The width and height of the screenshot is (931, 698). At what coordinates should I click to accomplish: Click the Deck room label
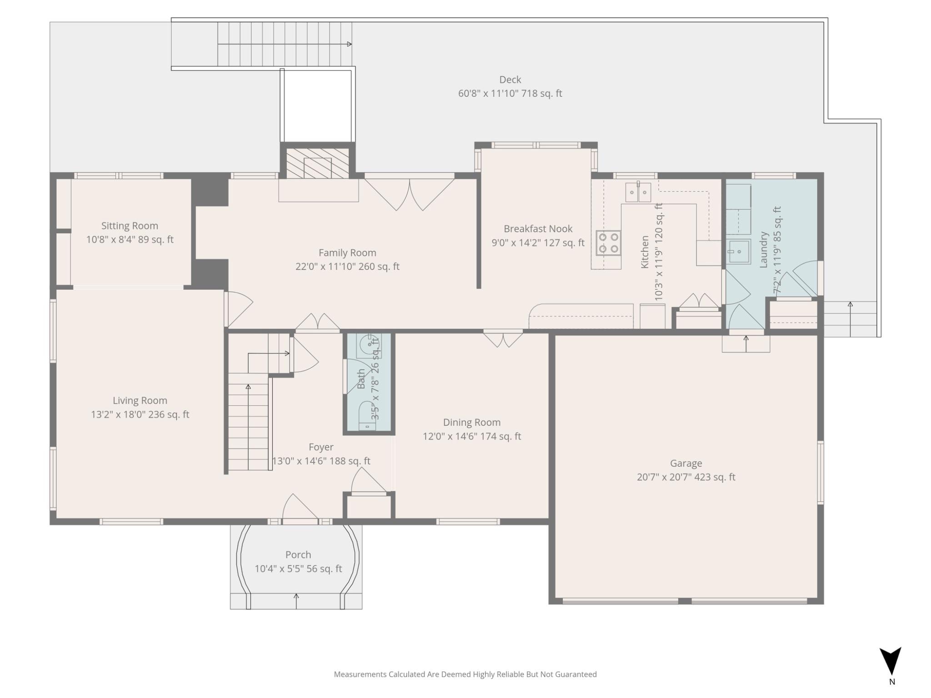pyautogui.click(x=510, y=80)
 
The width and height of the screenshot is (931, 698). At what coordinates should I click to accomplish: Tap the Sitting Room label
pyautogui.click(x=130, y=226)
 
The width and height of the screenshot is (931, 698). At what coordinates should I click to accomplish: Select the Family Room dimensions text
pyautogui.click(x=347, y=267)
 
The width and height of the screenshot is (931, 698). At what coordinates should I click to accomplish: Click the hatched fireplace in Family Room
pyautogui.click(x=318, y=163)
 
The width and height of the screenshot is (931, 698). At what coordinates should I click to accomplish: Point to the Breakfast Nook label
pyautogui.click(x=538, y=229)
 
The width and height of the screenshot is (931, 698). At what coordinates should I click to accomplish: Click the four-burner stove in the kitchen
pyautogui.click(x=608, y=243)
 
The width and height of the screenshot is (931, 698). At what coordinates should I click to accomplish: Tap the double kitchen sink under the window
pyautogui.click(x=638, y=192)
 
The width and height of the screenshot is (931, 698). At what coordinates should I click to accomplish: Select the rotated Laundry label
pyautogui.click(x=764, y=249)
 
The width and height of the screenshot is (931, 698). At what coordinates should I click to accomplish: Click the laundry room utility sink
pyautogui.click(x=739, y=251)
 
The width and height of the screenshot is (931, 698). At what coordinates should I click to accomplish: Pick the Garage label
pyautogui.click(x=686, y=464)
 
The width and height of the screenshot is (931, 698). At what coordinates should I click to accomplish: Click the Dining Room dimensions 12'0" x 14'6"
pyautogui.click(x=472, y=437)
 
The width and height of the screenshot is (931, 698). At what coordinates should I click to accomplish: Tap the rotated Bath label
pyautogui.click(x=361, y=379)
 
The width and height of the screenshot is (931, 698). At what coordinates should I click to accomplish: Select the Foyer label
pyautogui.click(x=321, y=447)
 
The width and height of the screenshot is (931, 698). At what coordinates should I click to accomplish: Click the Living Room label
pyautogui.click(x=140, y=401)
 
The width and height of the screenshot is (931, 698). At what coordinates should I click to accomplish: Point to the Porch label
pyautogui.click(x=298, y=555)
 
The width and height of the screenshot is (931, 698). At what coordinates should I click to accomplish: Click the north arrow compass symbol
pyautogui.click(x=890, y=661)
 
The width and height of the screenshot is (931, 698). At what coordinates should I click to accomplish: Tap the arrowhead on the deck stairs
pyautogui.click(x=349, y=44)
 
